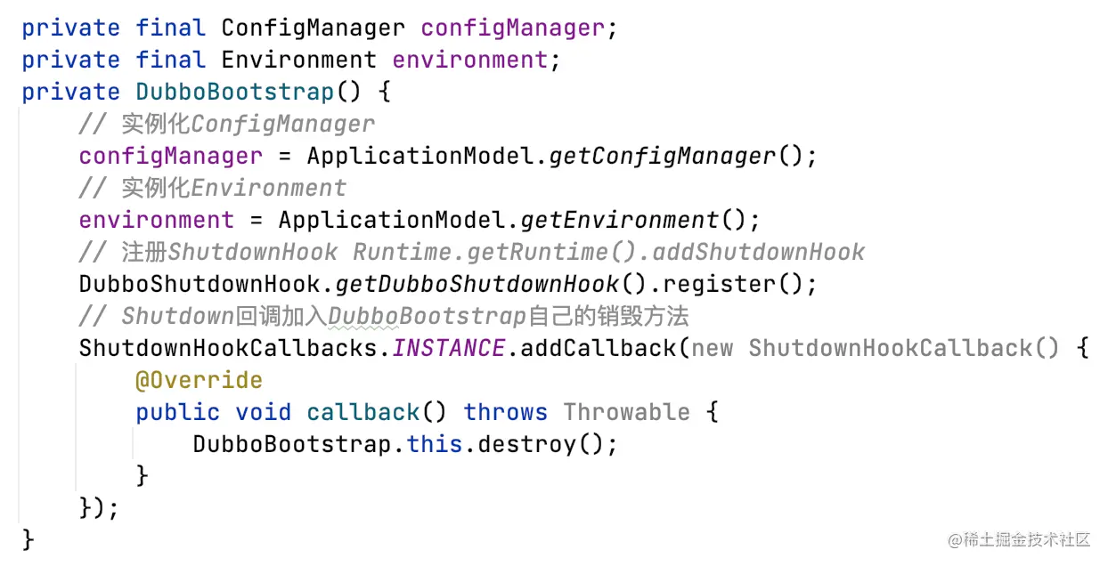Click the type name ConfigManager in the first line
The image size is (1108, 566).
pos(313,28)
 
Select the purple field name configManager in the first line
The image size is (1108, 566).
pos(512,28)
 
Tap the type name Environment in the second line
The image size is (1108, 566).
pos(298,60)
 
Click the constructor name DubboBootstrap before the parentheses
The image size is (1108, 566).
pos(234,92)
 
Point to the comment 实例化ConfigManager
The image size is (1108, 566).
pos(248,124)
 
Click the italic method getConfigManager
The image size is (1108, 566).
pos(662,156)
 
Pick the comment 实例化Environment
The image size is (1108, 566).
pos(233,188)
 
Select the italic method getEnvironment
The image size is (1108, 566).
pos(619,220)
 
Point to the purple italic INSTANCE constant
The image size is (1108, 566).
pos(448,348)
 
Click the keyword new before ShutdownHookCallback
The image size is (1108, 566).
pos(712,348)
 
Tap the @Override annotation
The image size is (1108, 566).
pos(199,380)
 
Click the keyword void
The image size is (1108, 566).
pos(263,412)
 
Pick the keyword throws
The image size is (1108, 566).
pos(505,412)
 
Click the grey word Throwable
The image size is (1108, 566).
pos(626,412)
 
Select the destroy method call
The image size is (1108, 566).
pos(526,444)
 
